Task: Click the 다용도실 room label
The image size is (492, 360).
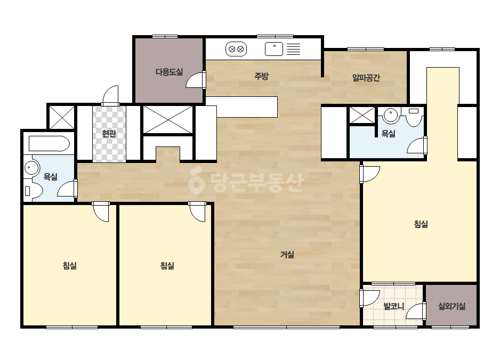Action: coord(169,72)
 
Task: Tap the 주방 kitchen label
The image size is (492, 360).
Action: coord(261,76)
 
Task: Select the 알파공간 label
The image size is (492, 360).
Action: coord(366,77)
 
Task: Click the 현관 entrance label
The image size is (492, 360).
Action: coord(109,134)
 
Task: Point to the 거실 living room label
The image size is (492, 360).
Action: coord(287,255)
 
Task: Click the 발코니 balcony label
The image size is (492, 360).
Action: coord(394,306)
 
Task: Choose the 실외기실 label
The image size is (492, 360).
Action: coord(451,306)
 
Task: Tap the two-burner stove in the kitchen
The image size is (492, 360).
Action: coord(236,49)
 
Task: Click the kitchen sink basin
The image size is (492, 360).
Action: coord(274,49)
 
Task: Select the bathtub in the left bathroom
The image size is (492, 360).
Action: coord(49,144)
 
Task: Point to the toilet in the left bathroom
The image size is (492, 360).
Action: coord(33,190)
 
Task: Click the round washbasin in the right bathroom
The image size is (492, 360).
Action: coord(391,115)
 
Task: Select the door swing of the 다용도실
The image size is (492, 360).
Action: coord(196,80)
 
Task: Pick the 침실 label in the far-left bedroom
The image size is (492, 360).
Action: coord(70,266)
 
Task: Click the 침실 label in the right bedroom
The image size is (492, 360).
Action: coord(421,224)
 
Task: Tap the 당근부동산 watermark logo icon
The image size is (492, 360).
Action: coord(196,181)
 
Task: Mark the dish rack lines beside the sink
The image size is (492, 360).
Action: coord(293,49)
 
